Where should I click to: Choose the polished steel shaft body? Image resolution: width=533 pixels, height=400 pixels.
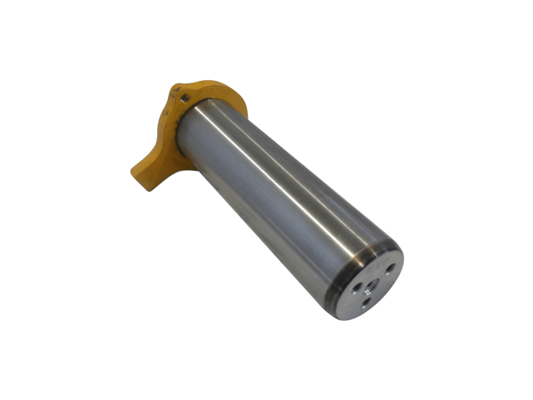click(266, 191)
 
